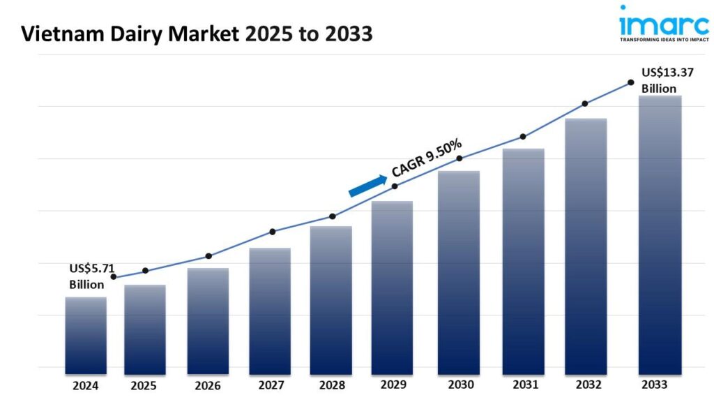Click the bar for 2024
pos(86,335)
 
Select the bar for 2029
pos(392,287)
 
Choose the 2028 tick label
pos(331,385)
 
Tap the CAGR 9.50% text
pos(427,158)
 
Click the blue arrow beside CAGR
pos(367,186)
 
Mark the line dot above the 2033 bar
pos(630,82)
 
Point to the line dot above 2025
pos(145,271)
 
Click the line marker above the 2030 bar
pos(459,158)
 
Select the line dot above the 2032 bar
pos(585,104)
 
